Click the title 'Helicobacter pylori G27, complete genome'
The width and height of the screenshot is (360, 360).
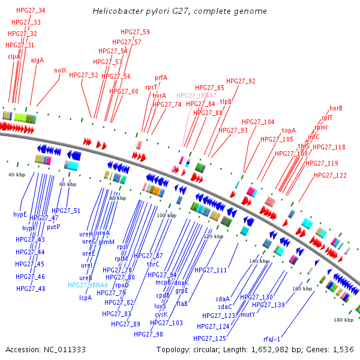(x=180, y=11)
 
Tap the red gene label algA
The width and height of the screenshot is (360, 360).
(x=37, y=60)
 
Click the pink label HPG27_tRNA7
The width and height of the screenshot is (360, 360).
(x=196, y=95)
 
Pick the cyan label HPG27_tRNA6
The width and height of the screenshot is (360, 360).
(x=88, y=285)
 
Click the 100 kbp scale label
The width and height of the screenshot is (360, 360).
(x=165, y=215)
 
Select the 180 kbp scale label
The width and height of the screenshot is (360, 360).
(x=343, y=320)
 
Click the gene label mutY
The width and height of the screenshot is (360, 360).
(x=248, y=314)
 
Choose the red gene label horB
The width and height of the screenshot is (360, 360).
(x=335, y=108)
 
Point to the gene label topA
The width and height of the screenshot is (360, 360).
(x=289, y=130)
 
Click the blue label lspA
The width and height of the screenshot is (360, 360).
(x=85, y=298)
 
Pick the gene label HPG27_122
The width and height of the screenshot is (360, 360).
(x=330, y=175)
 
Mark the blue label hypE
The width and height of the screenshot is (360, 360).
(x=20, y=214)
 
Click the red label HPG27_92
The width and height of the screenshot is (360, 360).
(x=241, y=81)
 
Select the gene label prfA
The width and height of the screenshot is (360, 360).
(x=161, y=77)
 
